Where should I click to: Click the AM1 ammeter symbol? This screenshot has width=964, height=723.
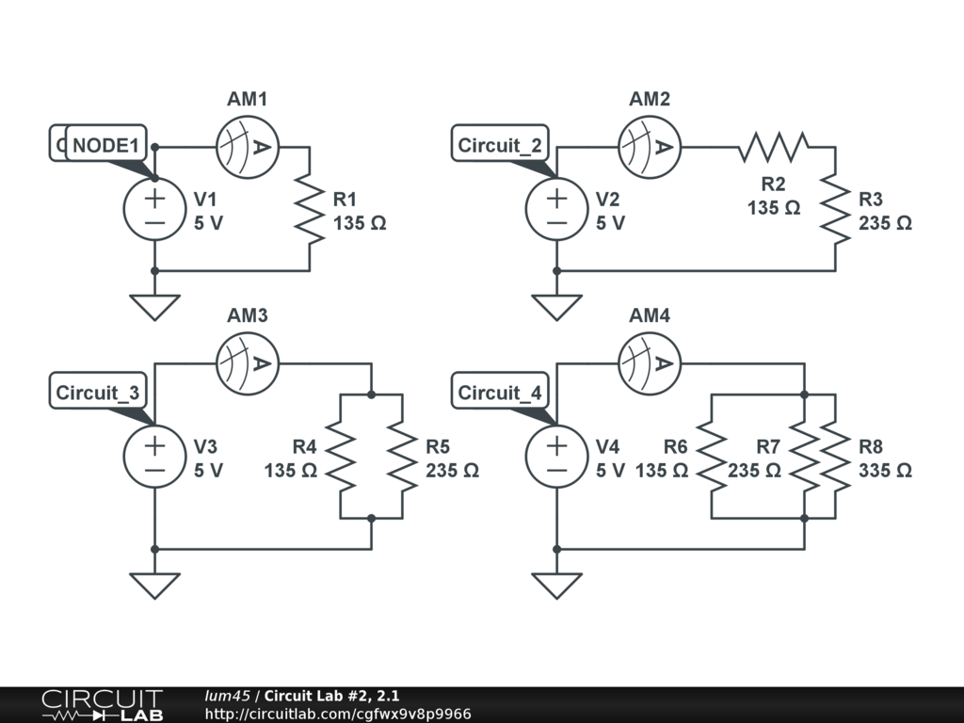(x=247, y=147)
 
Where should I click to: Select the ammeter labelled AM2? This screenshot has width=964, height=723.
(x=649, y=147)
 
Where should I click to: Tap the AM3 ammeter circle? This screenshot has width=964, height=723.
(x=247, y=363)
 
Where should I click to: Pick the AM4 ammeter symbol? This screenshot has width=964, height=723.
(x=649, y=363)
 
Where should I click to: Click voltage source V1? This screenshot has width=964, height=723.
(x=154, y=209)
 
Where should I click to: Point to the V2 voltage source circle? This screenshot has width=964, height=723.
(x=556, y=209)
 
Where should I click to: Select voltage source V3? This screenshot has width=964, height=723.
(x=154, y=457)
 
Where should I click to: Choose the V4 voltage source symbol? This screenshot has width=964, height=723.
(x=556, y=457)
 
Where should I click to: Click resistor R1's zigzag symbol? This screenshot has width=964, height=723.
(x=309, y=209)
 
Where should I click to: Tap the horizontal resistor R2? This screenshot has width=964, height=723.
(x=774, y=147)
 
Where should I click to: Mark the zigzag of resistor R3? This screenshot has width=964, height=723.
(x=835, y=209)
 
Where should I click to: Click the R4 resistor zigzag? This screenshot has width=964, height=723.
(x=340, y=457)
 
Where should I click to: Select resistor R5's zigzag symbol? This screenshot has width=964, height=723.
(x=402, y=457)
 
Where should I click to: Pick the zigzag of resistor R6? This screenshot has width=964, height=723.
(x=712, y=457)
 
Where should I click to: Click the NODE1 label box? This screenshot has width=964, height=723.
(x=105, y=145)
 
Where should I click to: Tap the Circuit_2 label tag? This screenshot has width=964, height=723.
(x=500, y=145)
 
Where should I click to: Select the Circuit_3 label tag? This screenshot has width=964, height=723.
(x=98, y=393)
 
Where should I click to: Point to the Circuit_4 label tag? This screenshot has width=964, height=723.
(x=500, y=393)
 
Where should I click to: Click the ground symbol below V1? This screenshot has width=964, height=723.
(x=154, y=305)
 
